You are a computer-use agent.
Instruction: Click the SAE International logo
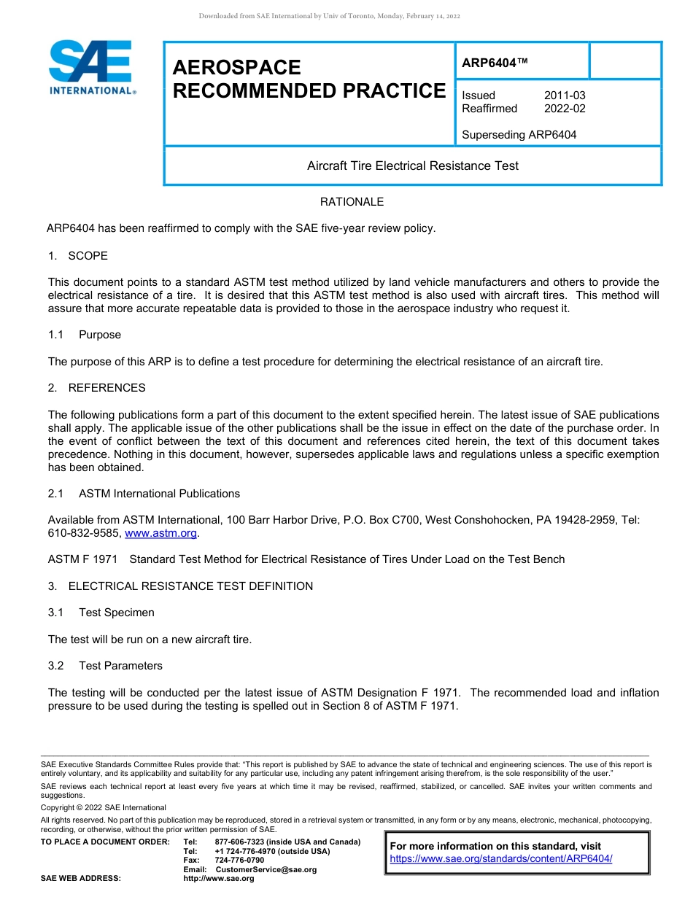[91, 67]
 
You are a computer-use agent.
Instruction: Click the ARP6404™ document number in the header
[495, 63]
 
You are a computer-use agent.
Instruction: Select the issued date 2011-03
[565, 96]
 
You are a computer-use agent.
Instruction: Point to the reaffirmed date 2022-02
[565, 109]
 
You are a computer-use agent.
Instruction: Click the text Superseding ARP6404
[519, 135]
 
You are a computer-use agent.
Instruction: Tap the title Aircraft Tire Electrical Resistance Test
[412, 166]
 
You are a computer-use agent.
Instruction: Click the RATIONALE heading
[352, 202]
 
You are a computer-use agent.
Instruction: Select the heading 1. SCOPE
[77, 256]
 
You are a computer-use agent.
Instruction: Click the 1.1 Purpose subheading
[85, 335]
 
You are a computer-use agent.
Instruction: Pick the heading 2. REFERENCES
[96, 388]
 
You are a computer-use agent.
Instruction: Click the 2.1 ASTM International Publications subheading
[144, 494]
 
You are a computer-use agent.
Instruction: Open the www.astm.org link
[161, 534]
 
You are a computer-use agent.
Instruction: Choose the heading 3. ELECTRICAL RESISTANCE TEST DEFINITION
[180, 586]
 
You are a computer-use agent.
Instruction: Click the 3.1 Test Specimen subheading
[101, 613]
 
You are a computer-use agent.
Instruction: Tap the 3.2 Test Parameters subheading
[105, 666]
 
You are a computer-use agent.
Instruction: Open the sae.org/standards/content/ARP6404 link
[501, 858]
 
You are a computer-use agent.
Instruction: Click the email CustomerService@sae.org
[266, 869]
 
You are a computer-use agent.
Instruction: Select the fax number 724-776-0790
[239, 861]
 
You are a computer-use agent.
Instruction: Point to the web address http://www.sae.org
[219, 878]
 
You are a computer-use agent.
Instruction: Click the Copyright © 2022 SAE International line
[104, 807]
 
